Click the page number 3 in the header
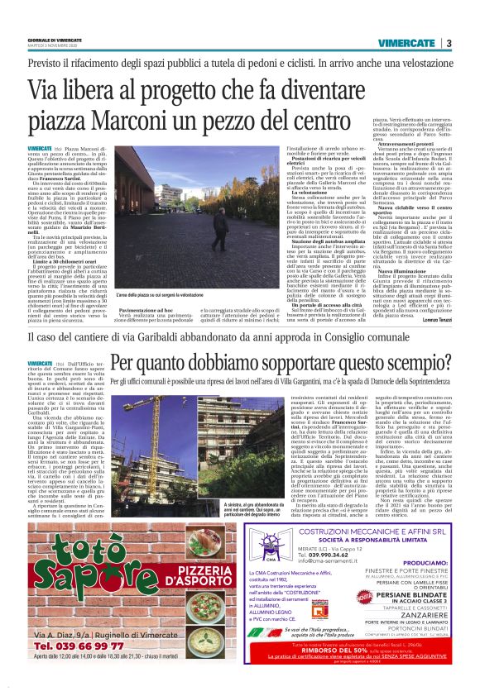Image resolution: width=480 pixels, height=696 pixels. coord(448,43)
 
